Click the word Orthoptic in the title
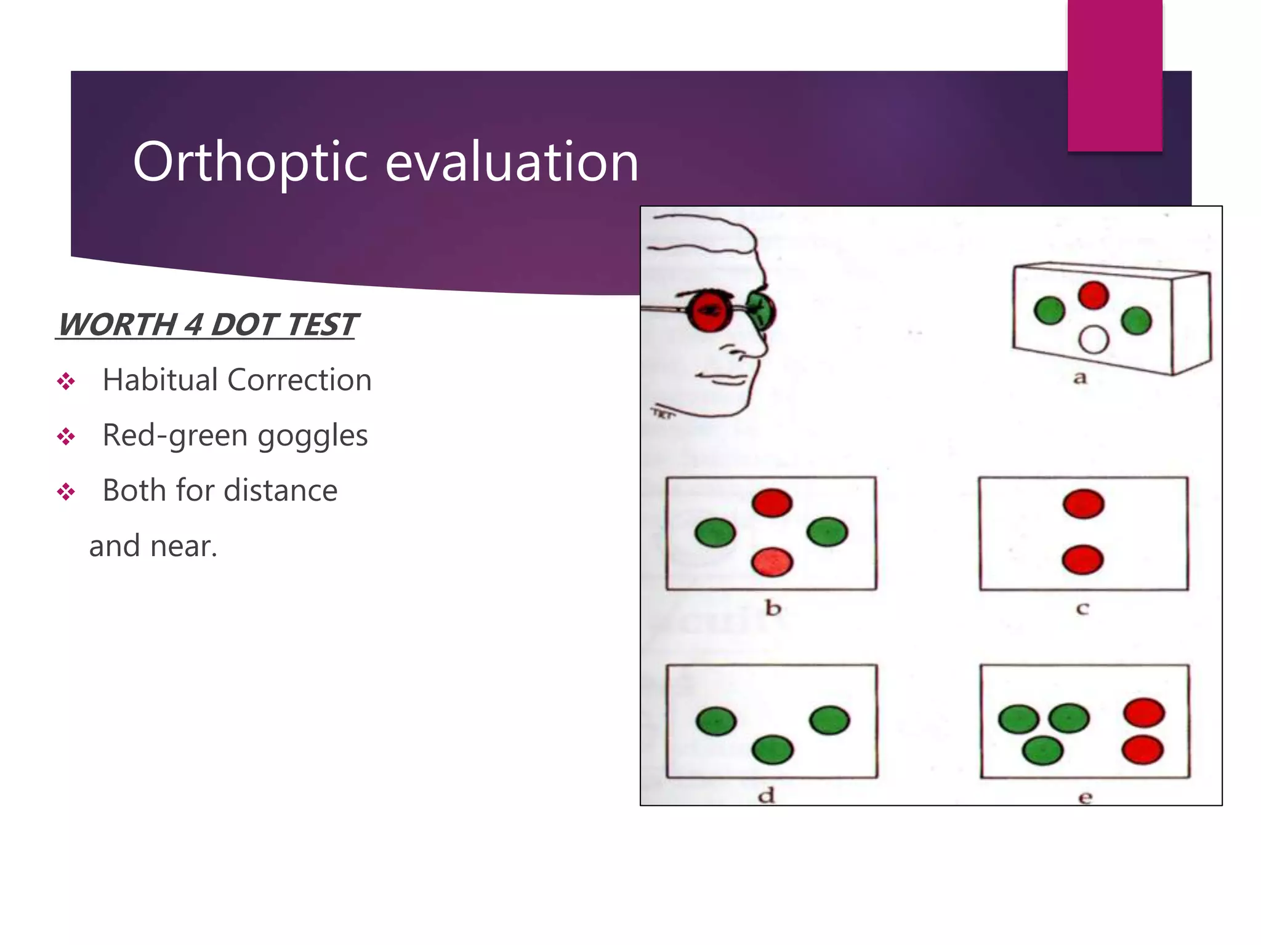pyautogui.click(x=251, y=162)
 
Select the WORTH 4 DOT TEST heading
pyautogui.click(x=207, y=324)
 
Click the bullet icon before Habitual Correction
pyautogui.click(x=66, y=381)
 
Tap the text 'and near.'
pyautogui.click(x=153, y=546)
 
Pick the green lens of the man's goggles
pyautogui.click(x=761, y=310)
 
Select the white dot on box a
pyautogui.click(x=1094, y=339)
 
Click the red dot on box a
pyautogui.click(x=1093, y=295)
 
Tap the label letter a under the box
pyautogui.click(x=1080, y=378)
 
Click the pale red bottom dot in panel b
pyautogui.click(x=772, y=562)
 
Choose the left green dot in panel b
pyautogui.click(x=715, y=532)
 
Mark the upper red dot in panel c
pyautogui.click(x=1084, y=504)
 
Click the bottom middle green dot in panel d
pyautogui.click(x=772, y=749)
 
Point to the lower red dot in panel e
pyautogui.click(x=1142, y=751)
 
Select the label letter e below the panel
pyautogui.click(x=1085, y=798)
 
